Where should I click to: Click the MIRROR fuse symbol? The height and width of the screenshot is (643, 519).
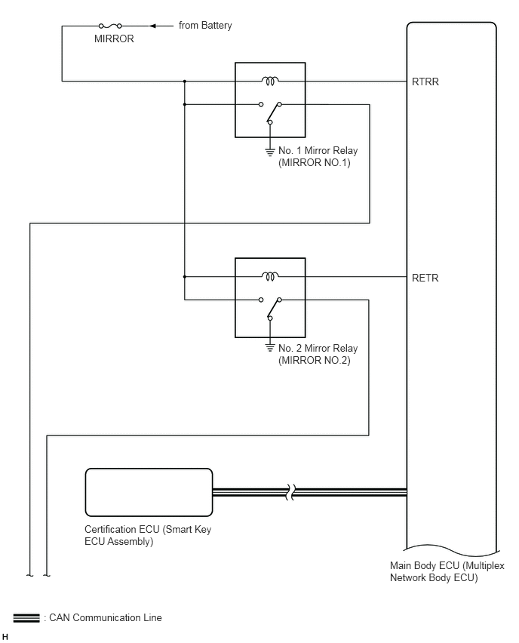[110, 26]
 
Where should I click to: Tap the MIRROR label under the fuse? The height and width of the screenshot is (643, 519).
[114, 38]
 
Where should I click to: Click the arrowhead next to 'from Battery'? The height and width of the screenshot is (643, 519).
[152, 26]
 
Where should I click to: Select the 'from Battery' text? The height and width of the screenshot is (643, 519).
[205, 26]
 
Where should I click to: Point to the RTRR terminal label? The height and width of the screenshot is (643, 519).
[425, 82]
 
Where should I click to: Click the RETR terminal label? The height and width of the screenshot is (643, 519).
[425, 278]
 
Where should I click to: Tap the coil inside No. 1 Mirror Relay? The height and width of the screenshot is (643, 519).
[270, 81]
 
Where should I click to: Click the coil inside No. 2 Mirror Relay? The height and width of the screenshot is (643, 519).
[270, 276]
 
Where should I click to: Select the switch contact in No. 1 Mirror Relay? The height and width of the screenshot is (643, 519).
[271, 112]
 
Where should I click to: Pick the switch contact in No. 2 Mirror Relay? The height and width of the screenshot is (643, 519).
[271, 309]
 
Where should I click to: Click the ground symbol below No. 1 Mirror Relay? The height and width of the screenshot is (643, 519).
[270, 152]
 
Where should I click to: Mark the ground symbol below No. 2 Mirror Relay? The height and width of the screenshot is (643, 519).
[270, 348]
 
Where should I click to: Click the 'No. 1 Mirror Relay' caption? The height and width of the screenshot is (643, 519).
[318, 150]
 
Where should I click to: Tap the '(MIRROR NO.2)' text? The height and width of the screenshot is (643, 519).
[315, 361]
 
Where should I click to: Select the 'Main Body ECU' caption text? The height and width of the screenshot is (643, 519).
[425, 565]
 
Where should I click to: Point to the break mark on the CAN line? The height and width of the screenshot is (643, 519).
[290, 492]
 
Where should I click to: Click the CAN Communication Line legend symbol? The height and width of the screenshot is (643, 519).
[26, 618]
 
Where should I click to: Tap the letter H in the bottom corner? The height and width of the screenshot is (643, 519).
[5, 636]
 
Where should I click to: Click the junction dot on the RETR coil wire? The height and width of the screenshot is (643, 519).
[185, 277]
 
